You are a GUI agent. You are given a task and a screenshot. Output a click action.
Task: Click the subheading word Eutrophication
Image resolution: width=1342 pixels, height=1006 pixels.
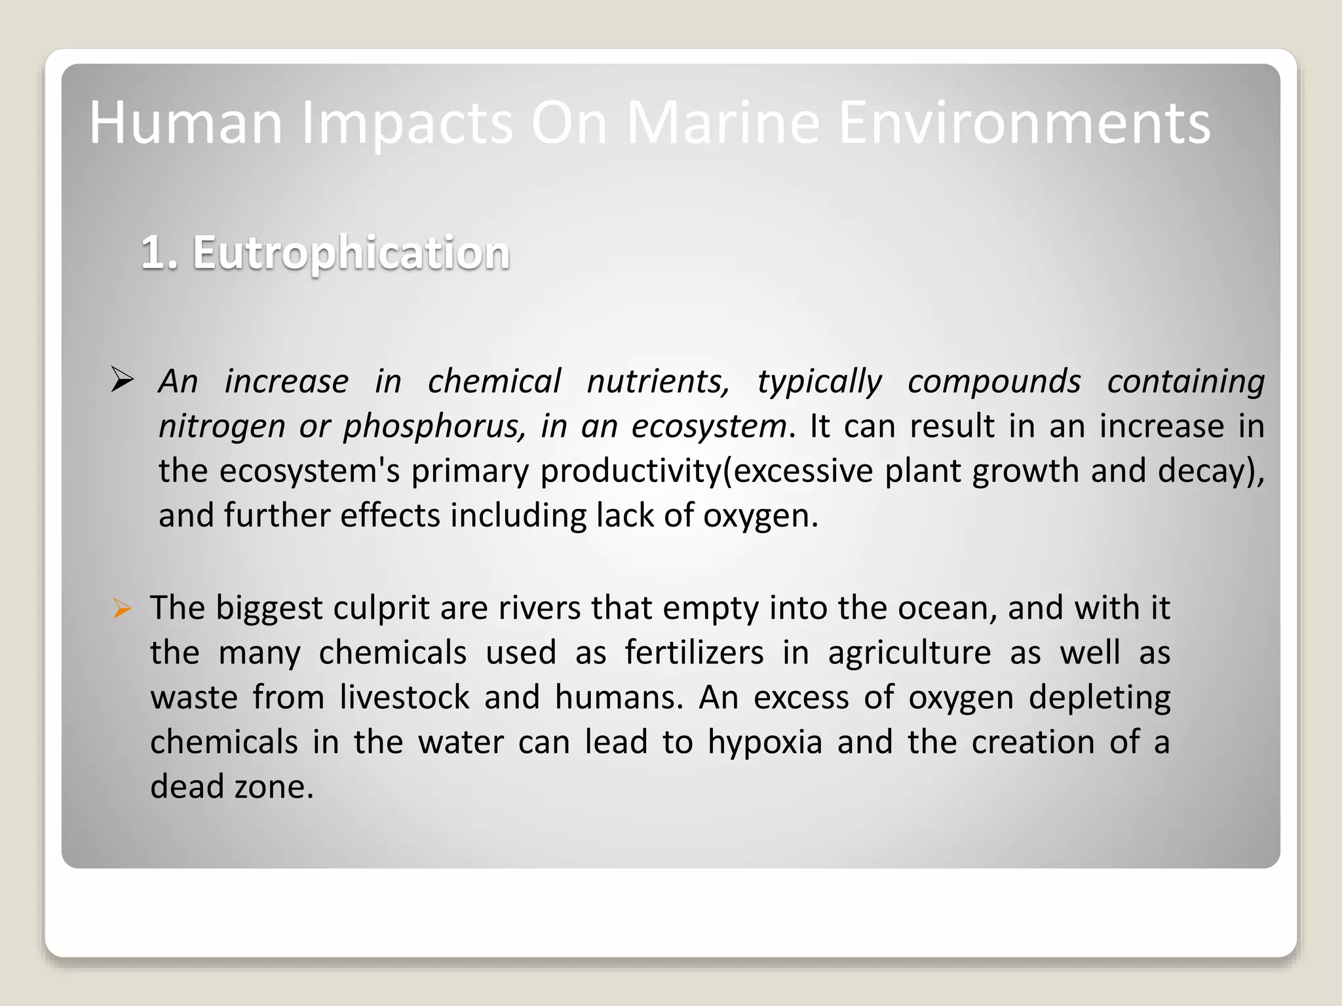[351, 252]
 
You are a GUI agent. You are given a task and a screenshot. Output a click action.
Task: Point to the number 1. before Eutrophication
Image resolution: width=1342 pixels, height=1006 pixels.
[159, 252]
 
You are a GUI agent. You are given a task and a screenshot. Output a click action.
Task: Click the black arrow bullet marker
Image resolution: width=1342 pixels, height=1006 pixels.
[123, 380]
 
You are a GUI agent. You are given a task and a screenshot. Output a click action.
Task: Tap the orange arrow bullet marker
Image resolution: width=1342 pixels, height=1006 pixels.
[122, 609]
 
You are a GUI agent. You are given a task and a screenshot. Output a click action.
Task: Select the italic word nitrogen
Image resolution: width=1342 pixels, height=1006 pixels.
[221, 426]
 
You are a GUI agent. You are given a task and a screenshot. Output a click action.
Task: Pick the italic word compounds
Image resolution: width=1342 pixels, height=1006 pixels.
[994, 381]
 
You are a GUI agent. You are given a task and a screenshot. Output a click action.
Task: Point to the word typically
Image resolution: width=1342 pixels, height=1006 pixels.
[819, 381]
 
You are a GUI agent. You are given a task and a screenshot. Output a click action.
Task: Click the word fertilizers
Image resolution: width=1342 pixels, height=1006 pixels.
[694, 652]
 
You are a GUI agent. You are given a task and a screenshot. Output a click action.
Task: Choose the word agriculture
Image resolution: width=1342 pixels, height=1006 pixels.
[909, 653]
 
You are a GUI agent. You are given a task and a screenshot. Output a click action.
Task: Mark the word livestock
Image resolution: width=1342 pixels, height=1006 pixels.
[404, 697]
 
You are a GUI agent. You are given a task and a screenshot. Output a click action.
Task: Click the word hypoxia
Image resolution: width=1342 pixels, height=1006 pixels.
[765, 742]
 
